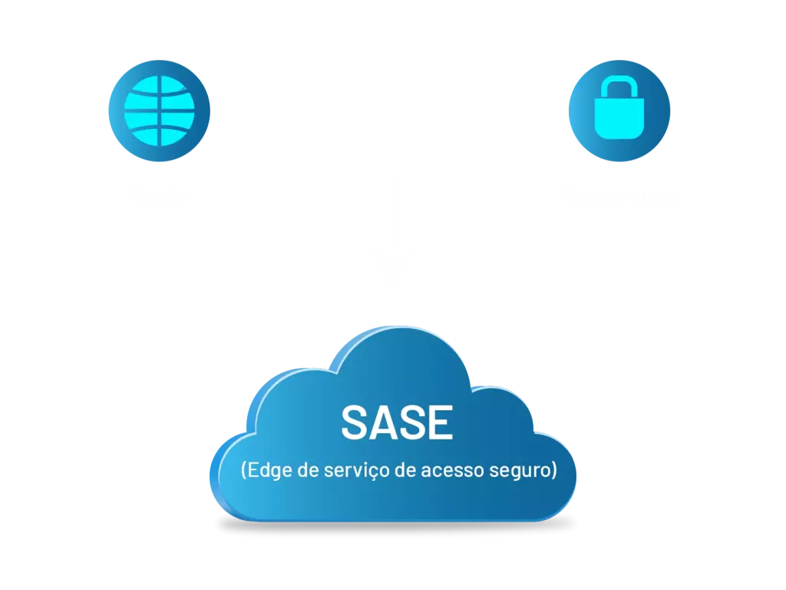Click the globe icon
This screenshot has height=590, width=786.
(159, 111)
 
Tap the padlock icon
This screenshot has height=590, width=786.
(618, 111)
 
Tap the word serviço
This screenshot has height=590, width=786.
(354, 470)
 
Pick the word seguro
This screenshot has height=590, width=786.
(519, 470)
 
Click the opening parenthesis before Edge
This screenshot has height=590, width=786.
(243, 470)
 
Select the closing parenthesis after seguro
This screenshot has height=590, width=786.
(553, 470)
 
